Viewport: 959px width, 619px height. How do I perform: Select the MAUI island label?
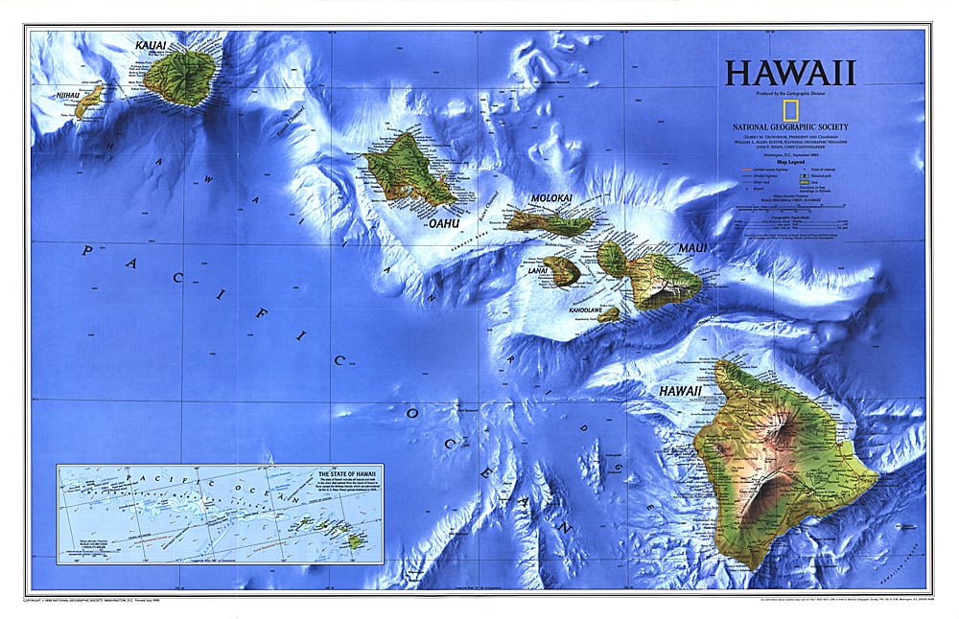(x=692, y=248)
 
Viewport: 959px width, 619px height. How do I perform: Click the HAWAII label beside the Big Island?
(x=679, y=391)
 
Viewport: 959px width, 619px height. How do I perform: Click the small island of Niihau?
(x=88, y=100)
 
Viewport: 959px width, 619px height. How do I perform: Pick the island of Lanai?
(x=561, y=270)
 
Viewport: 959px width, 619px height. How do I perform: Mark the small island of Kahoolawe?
(x=609, y=313)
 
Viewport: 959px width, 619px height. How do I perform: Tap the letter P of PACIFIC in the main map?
(x=86, y=251)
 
